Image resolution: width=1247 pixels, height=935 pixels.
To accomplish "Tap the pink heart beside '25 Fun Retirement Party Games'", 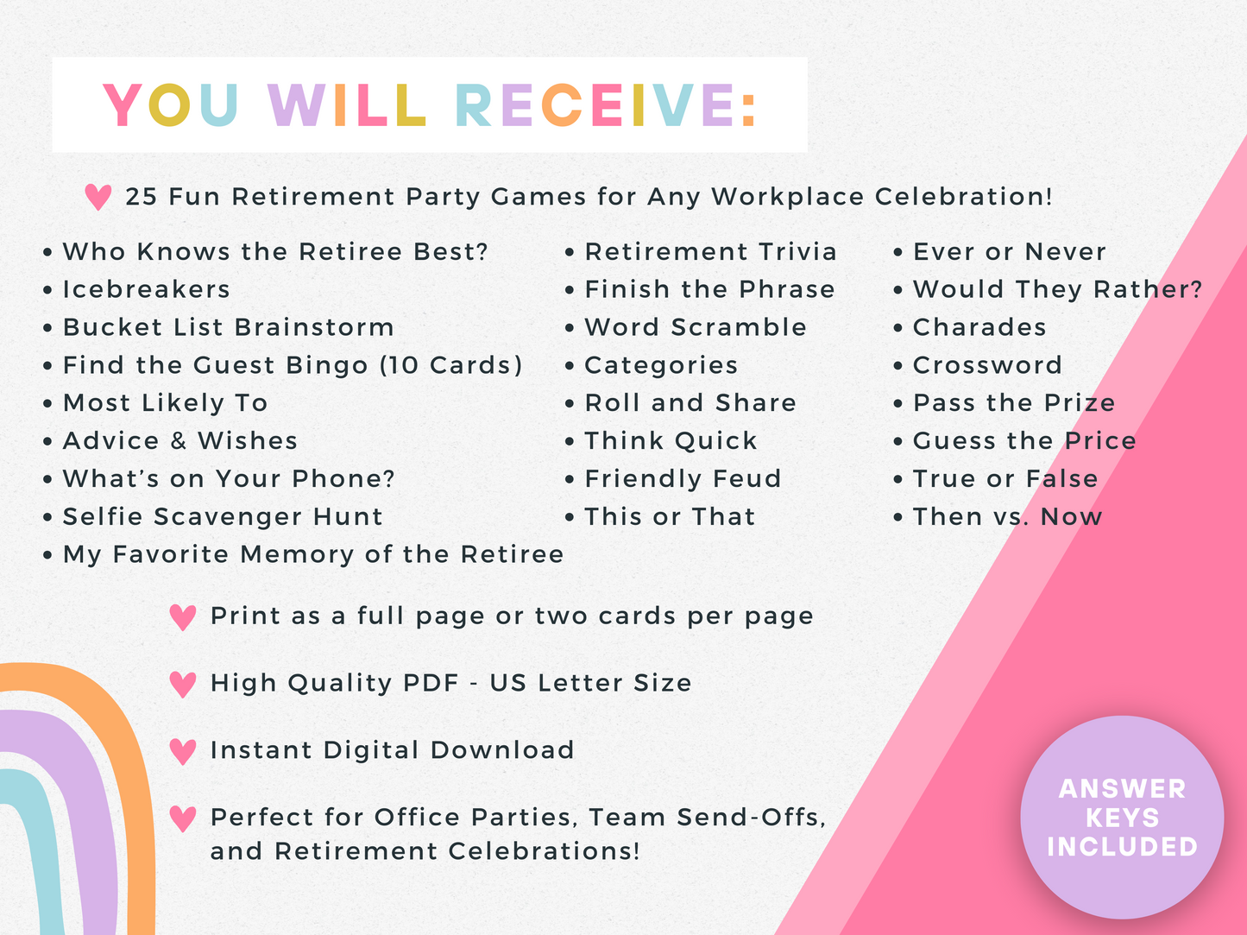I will click(x=98, y=197).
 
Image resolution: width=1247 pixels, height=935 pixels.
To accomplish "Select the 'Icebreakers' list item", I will click(x=146, y=289).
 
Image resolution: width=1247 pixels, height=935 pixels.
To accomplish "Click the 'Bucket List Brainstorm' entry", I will click(x=228, y=327).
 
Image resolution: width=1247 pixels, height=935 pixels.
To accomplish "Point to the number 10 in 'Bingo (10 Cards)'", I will click(x=405, y=365).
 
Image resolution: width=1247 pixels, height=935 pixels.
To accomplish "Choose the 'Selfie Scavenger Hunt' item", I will click(x=223, y=516).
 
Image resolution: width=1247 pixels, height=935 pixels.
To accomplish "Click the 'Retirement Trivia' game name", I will click(x=710, y=251).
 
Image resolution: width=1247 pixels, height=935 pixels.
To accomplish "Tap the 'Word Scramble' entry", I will click(x=696, y=327).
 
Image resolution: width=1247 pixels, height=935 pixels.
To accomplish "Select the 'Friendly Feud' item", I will click(x=683, y=478).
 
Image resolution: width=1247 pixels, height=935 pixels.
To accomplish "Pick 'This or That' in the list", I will click(x=670, y=516).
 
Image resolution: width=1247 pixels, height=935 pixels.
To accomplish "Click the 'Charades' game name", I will click(x=979, y=327).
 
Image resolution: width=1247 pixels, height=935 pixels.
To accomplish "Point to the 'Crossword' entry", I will click(x=987, y=365).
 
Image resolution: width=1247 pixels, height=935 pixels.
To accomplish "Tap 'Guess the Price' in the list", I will click(x=1024, y=440).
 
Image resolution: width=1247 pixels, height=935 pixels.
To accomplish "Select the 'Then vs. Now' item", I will click(x=1007, y=516).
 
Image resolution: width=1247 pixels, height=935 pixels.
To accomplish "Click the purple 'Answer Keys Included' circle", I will click(x=1122, y=817).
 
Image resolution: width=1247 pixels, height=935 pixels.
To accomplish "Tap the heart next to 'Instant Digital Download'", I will click(x=183, y=751).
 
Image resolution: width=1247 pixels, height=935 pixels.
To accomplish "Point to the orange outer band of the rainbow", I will click(x=129, y=777).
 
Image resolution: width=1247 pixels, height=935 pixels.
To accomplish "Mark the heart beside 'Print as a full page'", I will click(x=183, y=617).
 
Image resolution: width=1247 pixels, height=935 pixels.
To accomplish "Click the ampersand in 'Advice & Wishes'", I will click(x=179, y=440).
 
